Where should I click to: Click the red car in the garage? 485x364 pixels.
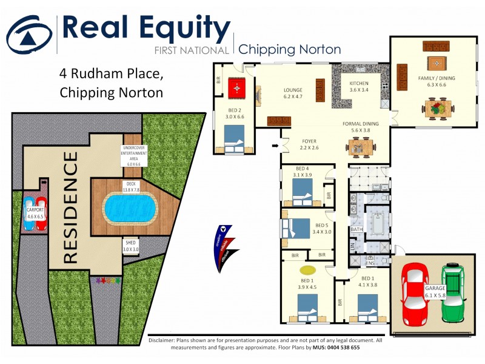click(x=415, y=294)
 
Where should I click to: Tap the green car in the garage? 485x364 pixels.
click(x=452, y=294)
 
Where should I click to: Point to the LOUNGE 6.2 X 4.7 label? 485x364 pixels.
click(x=293, y=93)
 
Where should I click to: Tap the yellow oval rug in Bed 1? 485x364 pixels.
click(x=307, y=269)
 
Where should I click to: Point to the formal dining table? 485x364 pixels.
click(x=360, y=146)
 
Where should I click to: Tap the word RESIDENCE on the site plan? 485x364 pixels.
click(x=70, y=208)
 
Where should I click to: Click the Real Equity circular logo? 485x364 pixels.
click(x=28, y=36)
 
